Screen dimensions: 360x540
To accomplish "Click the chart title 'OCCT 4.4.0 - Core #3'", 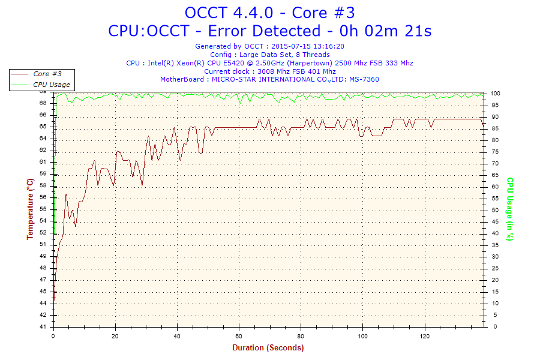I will (269, 12).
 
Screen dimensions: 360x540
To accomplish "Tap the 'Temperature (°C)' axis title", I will (30, 209).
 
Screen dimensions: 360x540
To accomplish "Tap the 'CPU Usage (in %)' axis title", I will (510, 209).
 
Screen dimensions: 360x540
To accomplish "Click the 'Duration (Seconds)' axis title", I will (268, 347).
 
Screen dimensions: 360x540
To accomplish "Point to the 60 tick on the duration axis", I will (239, 335).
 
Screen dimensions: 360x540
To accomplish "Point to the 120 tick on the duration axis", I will (424, 335).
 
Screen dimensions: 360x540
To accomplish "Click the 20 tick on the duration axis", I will (116, 335).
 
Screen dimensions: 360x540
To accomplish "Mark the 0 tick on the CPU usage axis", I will (492, 327).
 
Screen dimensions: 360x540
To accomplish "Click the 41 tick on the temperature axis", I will (43, 327).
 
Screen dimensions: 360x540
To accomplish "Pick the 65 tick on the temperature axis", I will (43, 127).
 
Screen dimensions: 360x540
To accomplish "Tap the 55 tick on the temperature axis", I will (43, 209).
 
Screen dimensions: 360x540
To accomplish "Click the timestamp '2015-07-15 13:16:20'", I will (308, 46).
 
